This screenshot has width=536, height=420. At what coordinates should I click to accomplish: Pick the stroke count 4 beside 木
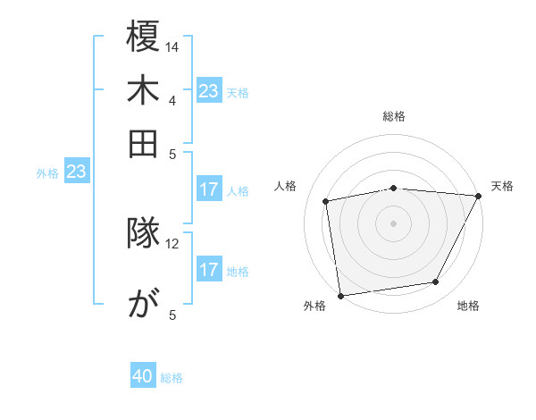pyautogui.click(x=172, y=99)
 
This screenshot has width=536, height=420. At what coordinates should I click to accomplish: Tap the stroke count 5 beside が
pyautogui.click(x=172, y=314)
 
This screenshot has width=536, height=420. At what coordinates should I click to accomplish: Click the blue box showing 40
pyautogui.click(x=143, y=377)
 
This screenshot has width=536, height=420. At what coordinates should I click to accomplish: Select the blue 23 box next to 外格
pyautogui.click(x=76, y=172)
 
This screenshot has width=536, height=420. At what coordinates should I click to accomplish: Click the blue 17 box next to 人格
pyautogui.click(x=208, y=189)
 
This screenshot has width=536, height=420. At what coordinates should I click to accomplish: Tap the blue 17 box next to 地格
pyautogui.click(x=208, y=270)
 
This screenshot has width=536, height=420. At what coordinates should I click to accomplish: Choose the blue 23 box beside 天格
pyautogui.click(x=208, y=91)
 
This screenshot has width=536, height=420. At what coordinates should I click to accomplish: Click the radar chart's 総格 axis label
pyautogui.click(x=393, y=116)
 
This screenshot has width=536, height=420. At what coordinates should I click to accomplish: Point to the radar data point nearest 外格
pyautogui.click(x=340, y=295)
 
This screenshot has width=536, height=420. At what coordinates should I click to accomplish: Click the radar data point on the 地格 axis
pyautogui.click(x=436, y=282)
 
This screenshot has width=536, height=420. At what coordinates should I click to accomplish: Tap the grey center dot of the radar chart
pyautogui.click(x=393, y=223)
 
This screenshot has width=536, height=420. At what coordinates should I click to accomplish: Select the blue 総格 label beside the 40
pyautogui.click(x=172, y=378)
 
